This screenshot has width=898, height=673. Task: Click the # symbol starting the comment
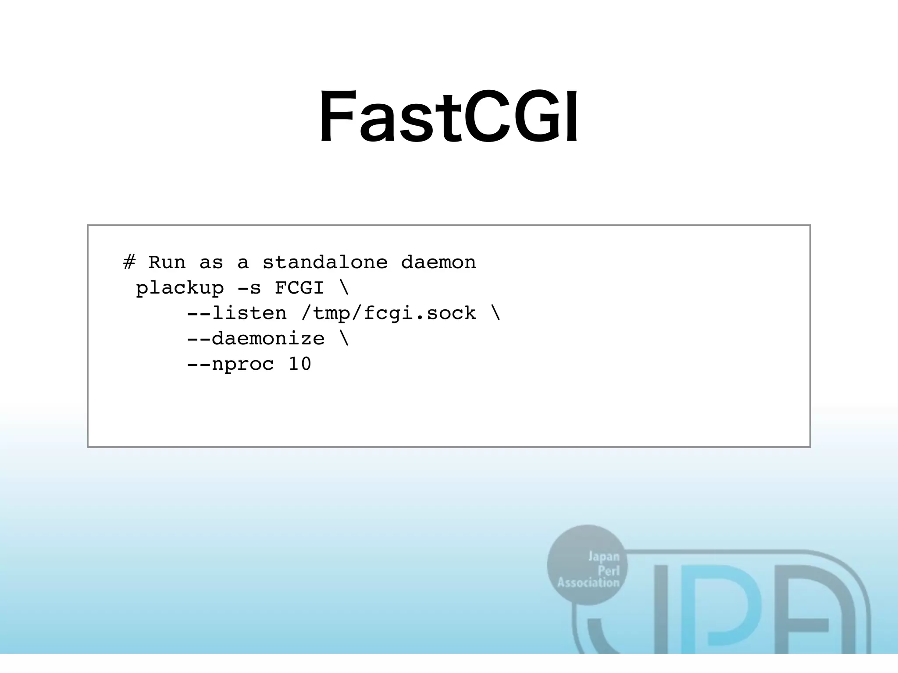pyautogui.click(x=129, y=262)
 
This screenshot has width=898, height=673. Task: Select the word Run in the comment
pyautogui.click(x=167, y=262)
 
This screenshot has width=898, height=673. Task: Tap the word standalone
pyautogui.click(x=325, y=262)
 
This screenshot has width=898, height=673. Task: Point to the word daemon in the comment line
pyautogui.click(x=438, y=262)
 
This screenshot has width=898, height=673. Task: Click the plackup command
pyautogui.click(x=180, y=288)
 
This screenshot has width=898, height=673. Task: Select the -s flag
pyautogui.click(x=249, y=288)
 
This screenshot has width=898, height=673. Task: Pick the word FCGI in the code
pyautogui.click(x=299, y=288)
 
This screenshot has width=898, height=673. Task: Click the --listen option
pyautogui.click(x=237, y=313)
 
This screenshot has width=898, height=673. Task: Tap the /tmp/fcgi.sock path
pyautogui.click(x=388, y=313)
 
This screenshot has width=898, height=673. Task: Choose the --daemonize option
pyautogui.click(x=256, y=339)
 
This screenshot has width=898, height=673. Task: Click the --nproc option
pyautogui.click(x=230, y=364)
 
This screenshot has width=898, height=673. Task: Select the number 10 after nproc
pyautogui.click(x=300, y=364)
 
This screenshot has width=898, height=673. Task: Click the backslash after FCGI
pyautogui.click(x=344, y=288)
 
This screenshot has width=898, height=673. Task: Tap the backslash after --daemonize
pyautogui.click(x=344, y=339)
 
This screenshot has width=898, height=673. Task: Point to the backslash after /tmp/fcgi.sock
pyautogui.click(x=495, y=313)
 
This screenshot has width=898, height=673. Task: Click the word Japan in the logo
pyautogui.click(x=604, y=557)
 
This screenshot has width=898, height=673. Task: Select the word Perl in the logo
pyautogui.click(x=609, y=570)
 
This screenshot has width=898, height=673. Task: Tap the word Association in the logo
pyautogui.click(x=588, y=583)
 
